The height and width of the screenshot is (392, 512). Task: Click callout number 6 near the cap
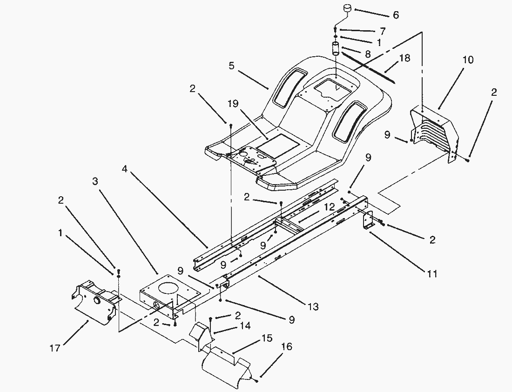tap(396, 15)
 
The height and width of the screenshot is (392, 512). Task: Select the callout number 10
tap(468, 60)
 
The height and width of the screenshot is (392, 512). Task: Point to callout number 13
tap(313, 306)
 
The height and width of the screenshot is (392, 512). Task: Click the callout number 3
tap(95, 181)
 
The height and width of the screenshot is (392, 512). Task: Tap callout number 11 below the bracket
tap(432, 274)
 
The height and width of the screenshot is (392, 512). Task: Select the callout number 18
tap(405, 58)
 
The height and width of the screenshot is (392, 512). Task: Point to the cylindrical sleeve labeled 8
tap(335, 49)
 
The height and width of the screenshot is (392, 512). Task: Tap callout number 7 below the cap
tap(383, 32)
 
